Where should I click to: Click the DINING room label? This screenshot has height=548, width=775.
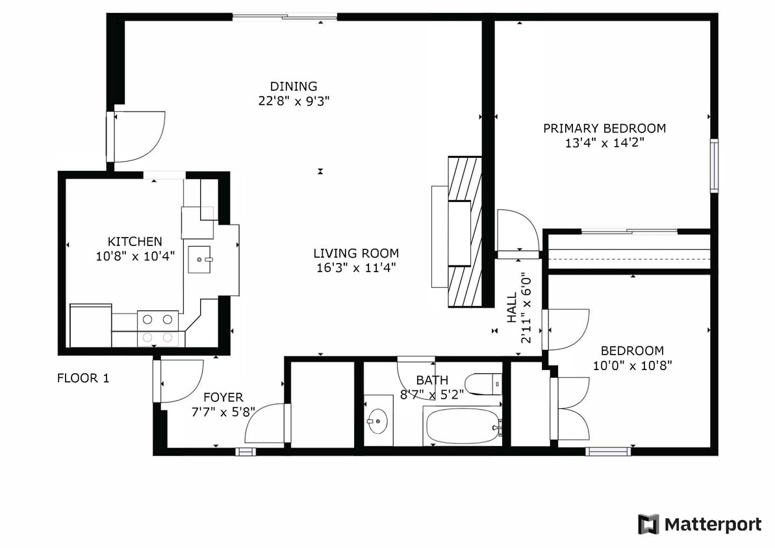click(294, 86)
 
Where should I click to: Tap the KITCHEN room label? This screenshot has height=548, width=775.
click(135, 242)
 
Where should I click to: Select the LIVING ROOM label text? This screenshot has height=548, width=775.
click(356, 253)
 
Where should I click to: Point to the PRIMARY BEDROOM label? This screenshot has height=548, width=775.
click(604, 129)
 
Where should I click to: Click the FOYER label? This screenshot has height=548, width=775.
click(223, 397)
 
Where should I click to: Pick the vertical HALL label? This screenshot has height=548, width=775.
click(513, 306)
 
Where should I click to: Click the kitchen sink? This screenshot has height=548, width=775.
click(199, 260)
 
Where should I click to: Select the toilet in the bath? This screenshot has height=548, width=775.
click(483, 384)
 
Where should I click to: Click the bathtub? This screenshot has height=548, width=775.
click(462, 426)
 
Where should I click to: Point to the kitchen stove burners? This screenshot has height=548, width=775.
click(158, 328)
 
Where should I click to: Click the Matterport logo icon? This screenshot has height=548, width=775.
click(648, 524)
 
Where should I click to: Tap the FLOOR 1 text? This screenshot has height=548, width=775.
click(83, 378)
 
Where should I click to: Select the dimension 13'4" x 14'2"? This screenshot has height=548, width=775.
click(604, 143)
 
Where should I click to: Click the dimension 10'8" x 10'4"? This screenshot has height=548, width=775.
click(135, 256)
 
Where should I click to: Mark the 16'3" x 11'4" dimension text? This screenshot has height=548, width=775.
click(356, 267)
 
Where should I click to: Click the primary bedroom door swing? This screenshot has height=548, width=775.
click(517, 230)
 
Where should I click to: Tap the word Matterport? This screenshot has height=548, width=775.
click(713, 525)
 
